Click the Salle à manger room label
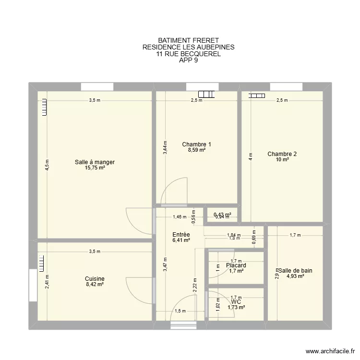[95, 162]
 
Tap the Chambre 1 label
[196, 144]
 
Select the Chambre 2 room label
[282, 154]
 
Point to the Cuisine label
[95, 279]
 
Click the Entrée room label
[181, 235]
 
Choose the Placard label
[236, 265]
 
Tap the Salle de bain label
[296, 271]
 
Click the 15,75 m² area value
[95, 168]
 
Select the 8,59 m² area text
[196, 150]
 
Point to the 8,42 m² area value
[95, 285]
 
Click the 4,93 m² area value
[296, 276]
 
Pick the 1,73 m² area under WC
[236, 307]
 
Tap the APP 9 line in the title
[188, 60]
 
